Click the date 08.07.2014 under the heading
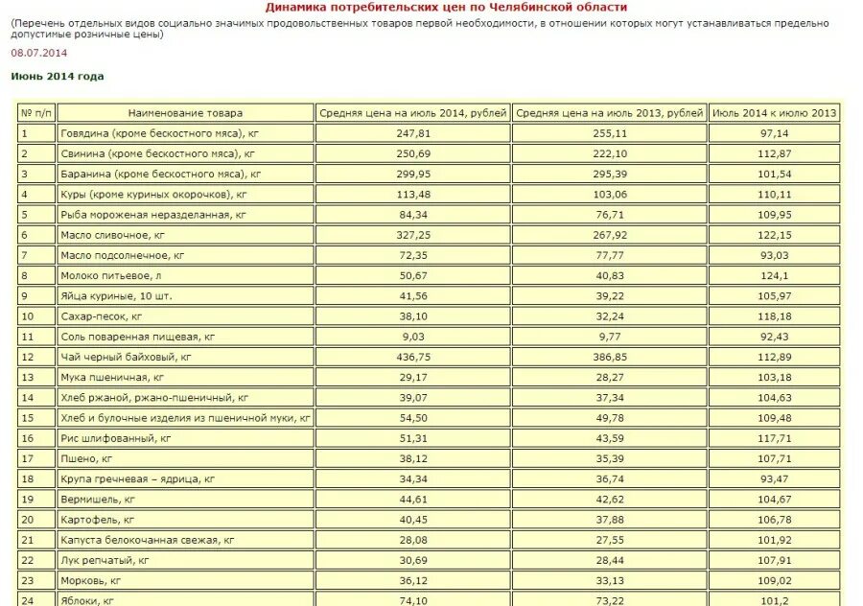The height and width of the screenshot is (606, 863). (x=39, y=53)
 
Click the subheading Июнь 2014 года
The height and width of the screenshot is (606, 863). (x=58, y=77)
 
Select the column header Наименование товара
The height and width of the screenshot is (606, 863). (x=185, y=113)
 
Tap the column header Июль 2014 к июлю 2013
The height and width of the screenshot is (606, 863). (x=774, y=113)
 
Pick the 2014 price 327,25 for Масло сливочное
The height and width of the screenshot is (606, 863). (x=413, y=235)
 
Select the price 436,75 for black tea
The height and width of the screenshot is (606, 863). (x=413, y=357)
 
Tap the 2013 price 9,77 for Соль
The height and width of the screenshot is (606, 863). (x=610, y=337)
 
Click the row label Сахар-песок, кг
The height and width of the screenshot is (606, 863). (x=101, y=316)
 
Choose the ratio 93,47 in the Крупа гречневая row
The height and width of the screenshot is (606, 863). (x=774, y=478)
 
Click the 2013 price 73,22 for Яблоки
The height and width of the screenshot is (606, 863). (x=610, y=600)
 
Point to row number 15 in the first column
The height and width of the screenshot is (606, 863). (x=27, y=418)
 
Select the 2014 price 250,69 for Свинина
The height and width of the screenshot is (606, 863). (x=413, y=153)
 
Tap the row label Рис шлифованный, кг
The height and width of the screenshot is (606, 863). (x=115, y=438)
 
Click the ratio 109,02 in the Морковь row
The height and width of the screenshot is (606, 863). (x=774, y=580)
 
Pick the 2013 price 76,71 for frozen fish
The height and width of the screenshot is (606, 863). (x=610, y=215)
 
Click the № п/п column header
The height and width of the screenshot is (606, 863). (x=35, y=113)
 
